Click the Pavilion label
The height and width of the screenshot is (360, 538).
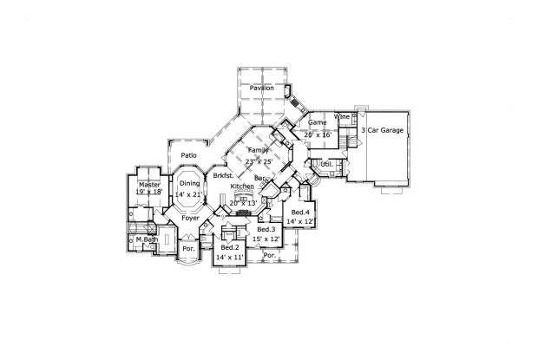pyautogui.click(x=262, y=88)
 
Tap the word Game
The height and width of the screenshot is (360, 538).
pyautogui.click(x=318, y=123)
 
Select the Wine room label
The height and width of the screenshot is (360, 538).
pyautogui.click(x=343, y=116)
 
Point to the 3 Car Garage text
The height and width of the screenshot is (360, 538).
pyautogui.click(x=383, y=130)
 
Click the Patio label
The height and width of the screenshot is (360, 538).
pyautogui.click(x=188, y=155)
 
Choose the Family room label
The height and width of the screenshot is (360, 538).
pyautogui.click(x=259, y=150)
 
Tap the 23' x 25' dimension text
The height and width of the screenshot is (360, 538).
pyautogui.click(x=259, y=161)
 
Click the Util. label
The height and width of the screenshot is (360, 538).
pyautogui.click(x=327, y=164)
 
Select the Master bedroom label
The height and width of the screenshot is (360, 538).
pyautogui.click(x=148, y=184)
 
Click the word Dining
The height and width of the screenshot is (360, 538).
pyautogui.click(x=189, y=184)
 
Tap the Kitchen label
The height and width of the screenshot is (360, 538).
pyautogui.click(x=242, y=187)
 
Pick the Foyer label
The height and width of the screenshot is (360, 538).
pyautogui.click(x=190, y=219)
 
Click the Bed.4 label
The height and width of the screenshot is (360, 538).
pyautogui.click(x=301, y=213)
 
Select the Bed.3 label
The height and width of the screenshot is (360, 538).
pyautogui.click(x=266, y=229)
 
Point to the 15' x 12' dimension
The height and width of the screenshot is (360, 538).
pyautogui.click(x=266, y=239)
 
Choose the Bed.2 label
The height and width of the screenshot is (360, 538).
pyautogui.click(x=231, y=248)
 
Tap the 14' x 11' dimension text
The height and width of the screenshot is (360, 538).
pyautogui.click(x=231, y=259)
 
